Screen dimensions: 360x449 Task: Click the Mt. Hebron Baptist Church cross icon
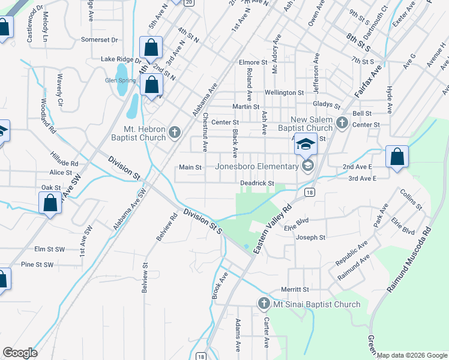(174, 131)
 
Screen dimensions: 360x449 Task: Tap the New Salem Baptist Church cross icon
(342, 122)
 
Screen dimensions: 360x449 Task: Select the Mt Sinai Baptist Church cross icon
(264, 304)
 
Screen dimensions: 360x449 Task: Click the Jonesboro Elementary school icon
(307, 166)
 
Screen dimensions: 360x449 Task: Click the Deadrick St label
(257, 183)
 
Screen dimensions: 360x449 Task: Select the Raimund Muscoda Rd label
(409, 260)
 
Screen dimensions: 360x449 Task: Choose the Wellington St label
(285, 93)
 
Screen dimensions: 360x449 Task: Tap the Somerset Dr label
(100, 40)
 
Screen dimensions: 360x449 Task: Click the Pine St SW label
(37, 264)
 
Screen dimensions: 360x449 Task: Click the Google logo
(20, 353)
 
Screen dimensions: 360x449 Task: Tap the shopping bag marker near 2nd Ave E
(397, 157)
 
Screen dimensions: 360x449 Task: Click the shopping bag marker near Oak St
(50, 203)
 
